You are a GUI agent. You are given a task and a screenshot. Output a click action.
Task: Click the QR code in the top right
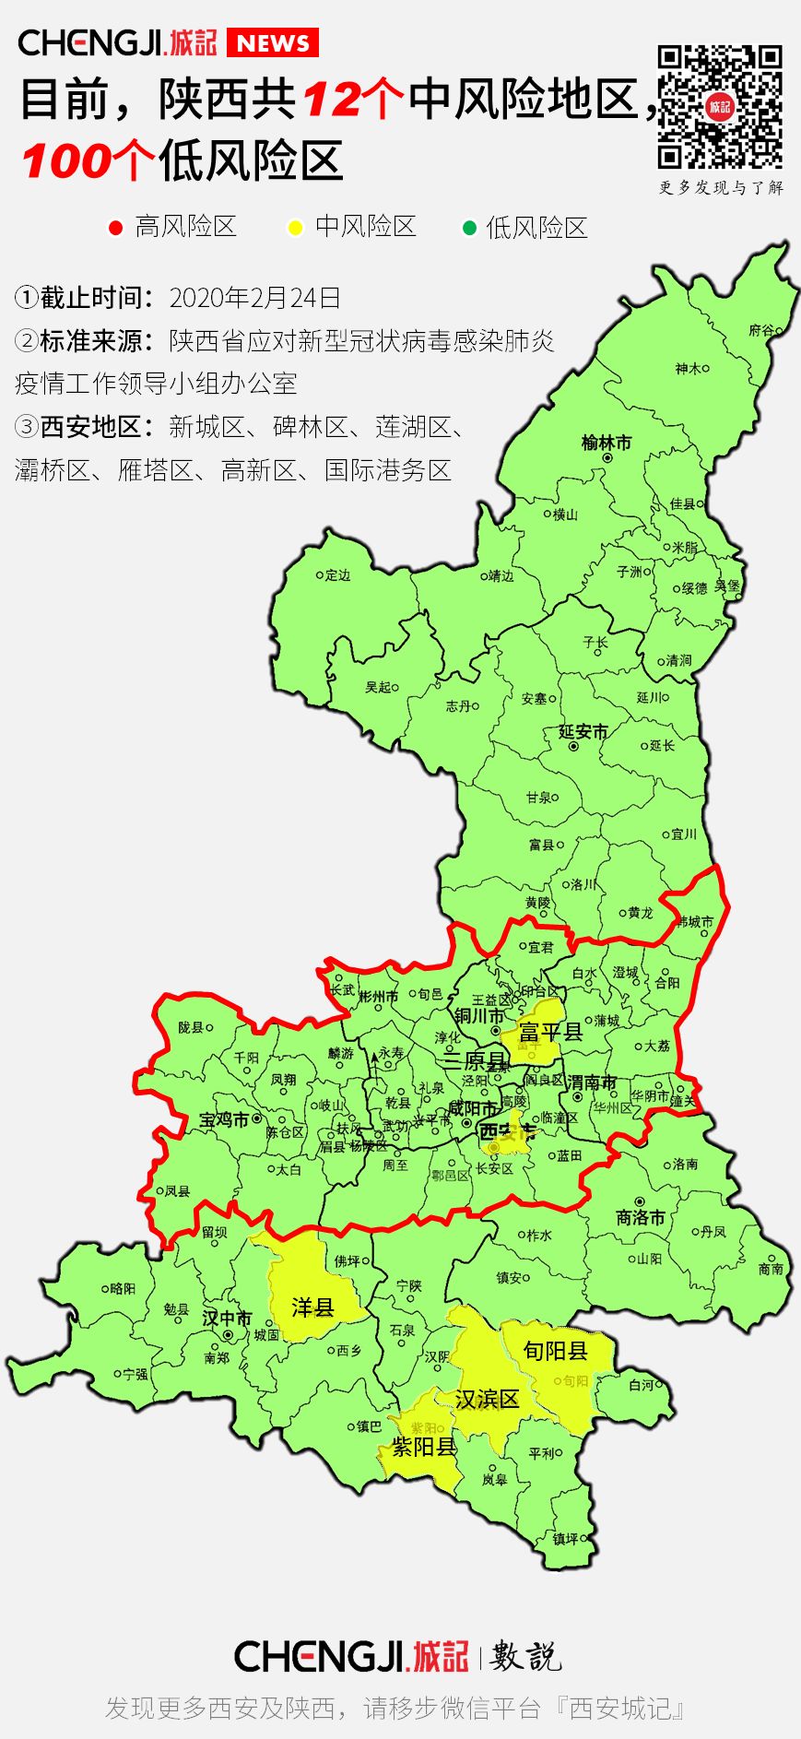(720, 107)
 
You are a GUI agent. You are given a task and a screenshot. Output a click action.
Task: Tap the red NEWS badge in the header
(273, 43)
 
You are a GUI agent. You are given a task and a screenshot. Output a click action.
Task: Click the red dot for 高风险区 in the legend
(116, 228)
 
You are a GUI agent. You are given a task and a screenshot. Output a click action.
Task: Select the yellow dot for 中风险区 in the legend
(295, 228)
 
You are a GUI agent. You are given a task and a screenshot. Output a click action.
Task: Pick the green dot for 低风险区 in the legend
(469, 228)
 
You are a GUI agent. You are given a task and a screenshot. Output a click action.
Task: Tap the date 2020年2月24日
(255, 298)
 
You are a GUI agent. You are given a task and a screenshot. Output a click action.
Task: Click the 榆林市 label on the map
(607, 443)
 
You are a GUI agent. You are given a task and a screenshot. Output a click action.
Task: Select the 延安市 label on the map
(583, 732)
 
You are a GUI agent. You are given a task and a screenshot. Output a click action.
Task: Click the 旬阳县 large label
(555, 1351)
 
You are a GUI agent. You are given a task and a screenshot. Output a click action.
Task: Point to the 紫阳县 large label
(424, 1447)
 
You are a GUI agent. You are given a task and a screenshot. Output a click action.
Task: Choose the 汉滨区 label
(487, 1399)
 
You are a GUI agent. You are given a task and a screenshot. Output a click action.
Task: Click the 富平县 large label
(551, 1032)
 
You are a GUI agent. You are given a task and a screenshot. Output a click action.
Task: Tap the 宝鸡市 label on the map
(224, 1120)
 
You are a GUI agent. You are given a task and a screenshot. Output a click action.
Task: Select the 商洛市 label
(640, 1217)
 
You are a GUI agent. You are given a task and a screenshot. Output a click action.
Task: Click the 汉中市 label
(227, 1319)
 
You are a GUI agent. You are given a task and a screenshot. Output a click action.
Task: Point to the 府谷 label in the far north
(761, 330)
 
